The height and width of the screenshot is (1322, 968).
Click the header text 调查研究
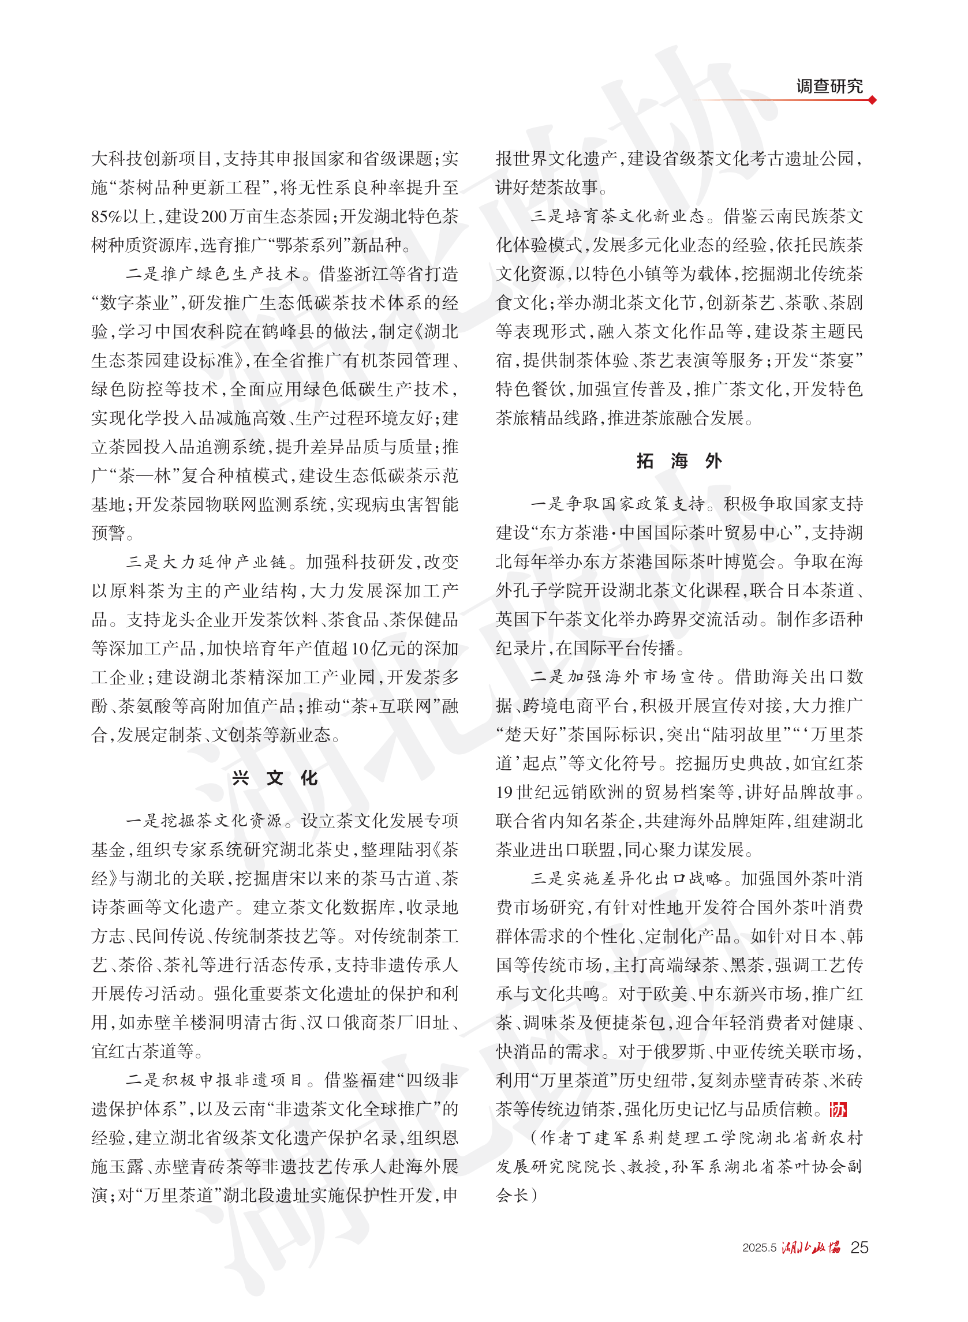828,86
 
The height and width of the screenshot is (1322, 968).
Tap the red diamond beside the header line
872,100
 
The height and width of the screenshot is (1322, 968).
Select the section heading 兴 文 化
275,778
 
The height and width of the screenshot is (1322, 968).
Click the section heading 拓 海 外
679,461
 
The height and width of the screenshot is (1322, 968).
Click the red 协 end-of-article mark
838,1110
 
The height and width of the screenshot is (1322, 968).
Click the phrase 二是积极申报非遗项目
215,1080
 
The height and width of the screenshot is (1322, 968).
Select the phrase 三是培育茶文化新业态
617,217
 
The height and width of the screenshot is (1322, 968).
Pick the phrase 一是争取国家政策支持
617,504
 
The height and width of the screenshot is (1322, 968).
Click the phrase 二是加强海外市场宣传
622,677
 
